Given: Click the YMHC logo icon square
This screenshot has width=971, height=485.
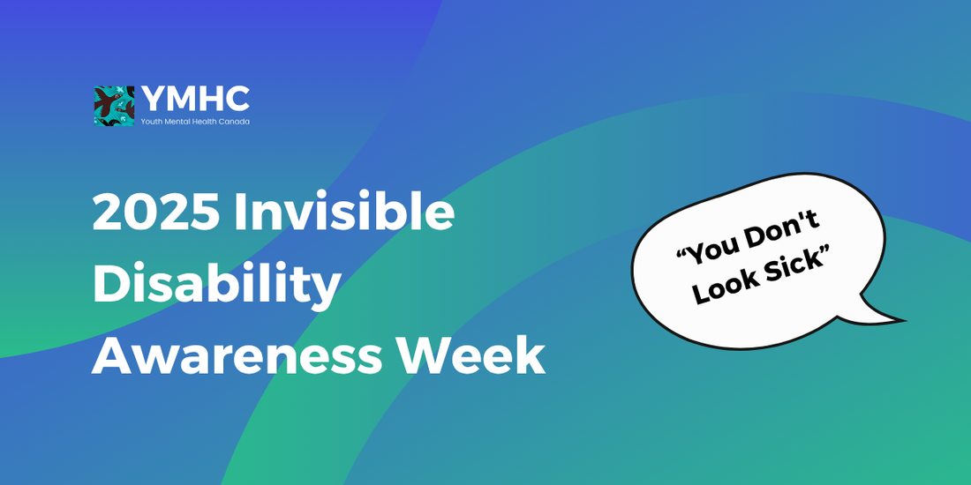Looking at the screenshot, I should coord(114,106).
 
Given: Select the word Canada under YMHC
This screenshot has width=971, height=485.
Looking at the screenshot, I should coord(233,121).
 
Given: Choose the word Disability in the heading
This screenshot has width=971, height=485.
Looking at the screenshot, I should coord(216,285).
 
